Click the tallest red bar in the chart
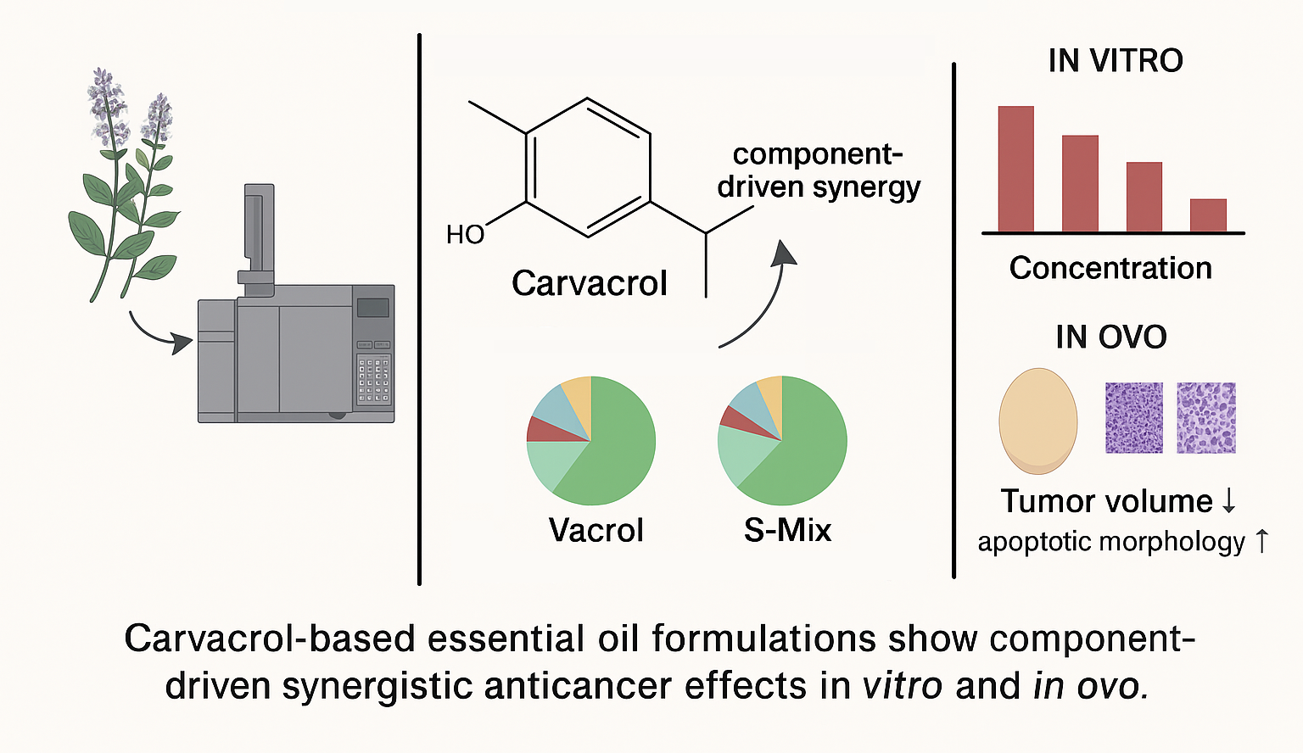pos(1015,169)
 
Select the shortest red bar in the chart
pos(1208,215)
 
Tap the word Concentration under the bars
pos(1110,268)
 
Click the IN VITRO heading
pos(1115,61)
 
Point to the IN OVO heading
pos(1110,337)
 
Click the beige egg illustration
pos(1037,421)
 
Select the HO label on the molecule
pos(465,234)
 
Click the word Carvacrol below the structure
pos(590,283)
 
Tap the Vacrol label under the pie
pos(596,530)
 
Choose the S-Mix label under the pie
pos(787,530)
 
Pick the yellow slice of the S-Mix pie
pos(770,390)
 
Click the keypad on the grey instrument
pos(373,381)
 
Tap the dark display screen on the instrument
pos(372,308)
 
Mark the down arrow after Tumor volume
pos(1228,501)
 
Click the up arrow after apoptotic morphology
pos(1261,541)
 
